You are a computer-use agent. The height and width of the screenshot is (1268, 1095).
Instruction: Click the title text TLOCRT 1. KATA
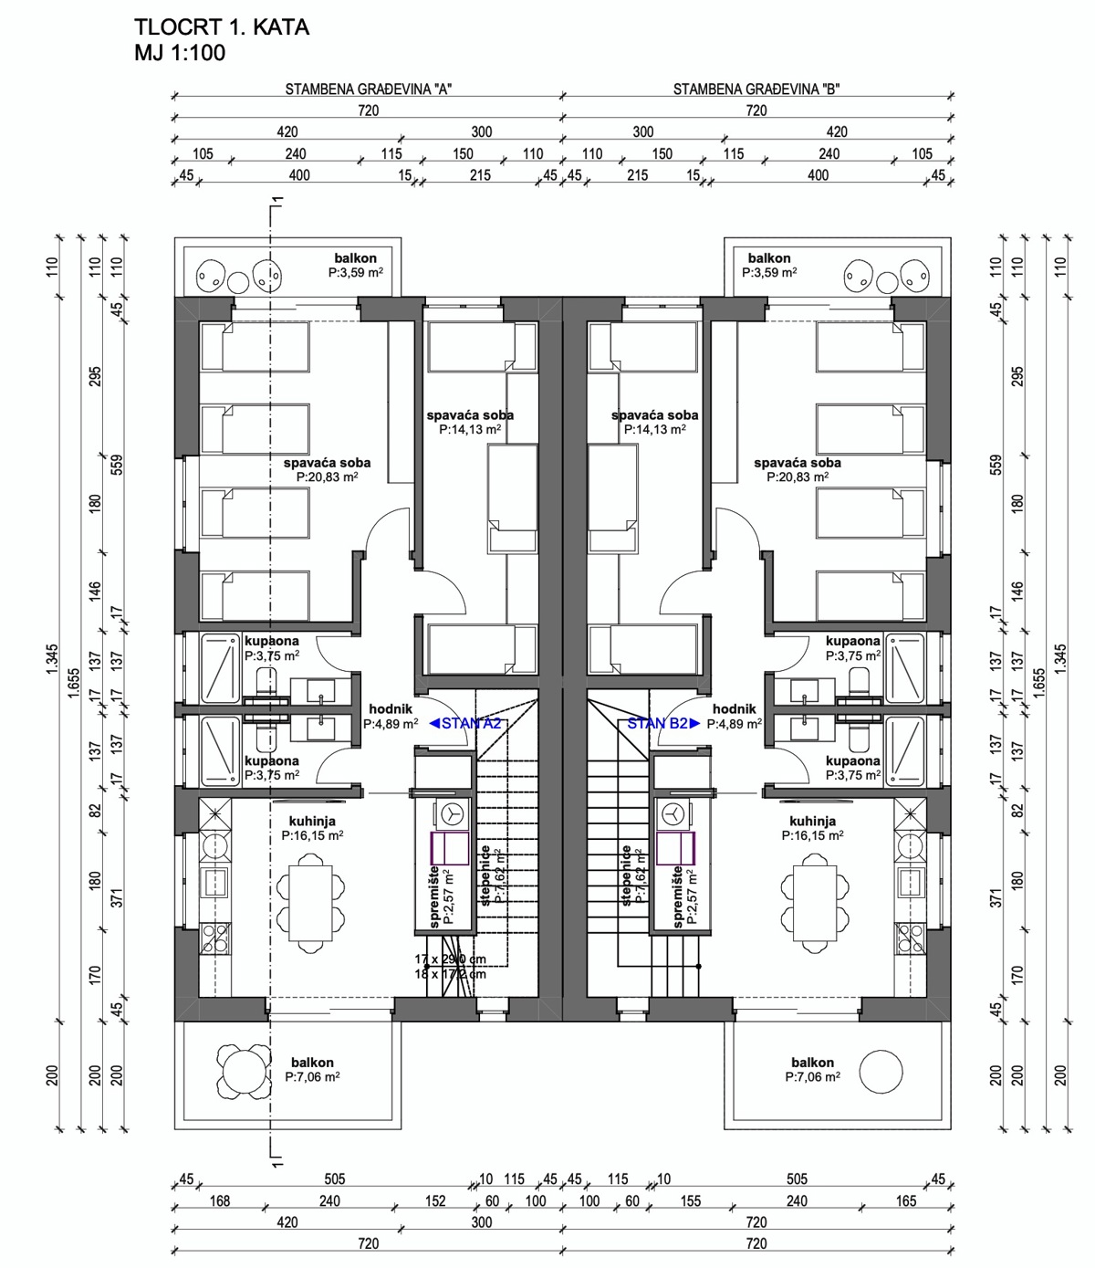tap(222, 27)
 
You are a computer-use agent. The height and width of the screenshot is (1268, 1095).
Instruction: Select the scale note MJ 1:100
tap(180, 53)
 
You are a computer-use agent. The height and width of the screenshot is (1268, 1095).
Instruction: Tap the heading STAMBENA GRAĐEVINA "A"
tap(369, 89)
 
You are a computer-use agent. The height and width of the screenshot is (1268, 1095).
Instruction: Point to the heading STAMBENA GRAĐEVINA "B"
tap(756, 89)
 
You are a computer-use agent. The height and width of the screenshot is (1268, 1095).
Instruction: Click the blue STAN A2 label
tap(465, 723)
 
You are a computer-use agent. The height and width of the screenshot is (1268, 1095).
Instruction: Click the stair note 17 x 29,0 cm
tap(450, 959)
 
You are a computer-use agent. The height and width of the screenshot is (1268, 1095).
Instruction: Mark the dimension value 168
tap(220, 1200)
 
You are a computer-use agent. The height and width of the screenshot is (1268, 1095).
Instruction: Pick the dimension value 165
tap(905, 1200)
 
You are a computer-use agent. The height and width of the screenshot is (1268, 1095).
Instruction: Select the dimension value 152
tap(435, 1200)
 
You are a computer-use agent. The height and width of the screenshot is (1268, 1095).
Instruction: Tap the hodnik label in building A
tap(391, 709)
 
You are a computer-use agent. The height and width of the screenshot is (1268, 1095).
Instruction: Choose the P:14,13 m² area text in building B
tap(655, 429)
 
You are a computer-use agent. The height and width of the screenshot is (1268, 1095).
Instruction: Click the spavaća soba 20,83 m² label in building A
tap(327, 463)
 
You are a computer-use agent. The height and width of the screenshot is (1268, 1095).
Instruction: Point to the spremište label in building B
tap(678, 896)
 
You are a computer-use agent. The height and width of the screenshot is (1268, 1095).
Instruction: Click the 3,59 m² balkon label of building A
tap(355, 258)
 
